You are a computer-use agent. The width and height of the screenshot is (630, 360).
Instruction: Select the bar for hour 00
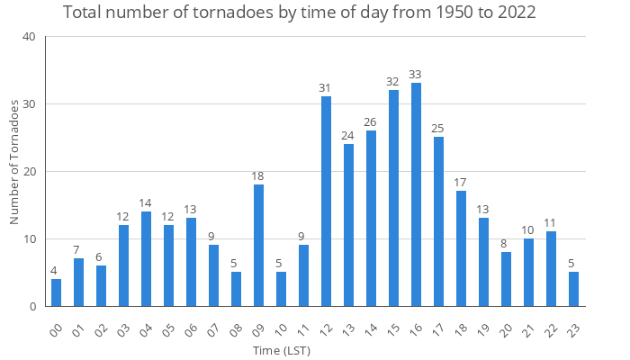(56, 292)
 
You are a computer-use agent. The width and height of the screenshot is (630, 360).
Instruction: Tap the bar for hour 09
(258, 245)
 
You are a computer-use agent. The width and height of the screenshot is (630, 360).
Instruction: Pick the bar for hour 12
(326, 202)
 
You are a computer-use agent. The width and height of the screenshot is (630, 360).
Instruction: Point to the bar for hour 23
(573, 289)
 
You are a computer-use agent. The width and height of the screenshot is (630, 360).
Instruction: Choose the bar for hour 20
(506, 279)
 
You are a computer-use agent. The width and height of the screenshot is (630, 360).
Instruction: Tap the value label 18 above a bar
(258, 175)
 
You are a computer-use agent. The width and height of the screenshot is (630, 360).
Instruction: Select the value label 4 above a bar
(56, 270)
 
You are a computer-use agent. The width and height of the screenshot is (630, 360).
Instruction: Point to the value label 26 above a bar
(371, 121)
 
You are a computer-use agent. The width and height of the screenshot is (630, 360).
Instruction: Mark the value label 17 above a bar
(461, 183)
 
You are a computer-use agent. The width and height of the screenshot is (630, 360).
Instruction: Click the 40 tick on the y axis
(29, 37)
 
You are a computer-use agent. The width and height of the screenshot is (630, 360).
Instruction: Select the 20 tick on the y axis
(29, 171)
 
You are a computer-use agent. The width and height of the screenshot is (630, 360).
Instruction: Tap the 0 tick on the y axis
(32, 306)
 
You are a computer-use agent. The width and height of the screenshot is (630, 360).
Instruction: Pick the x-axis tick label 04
(144, 325)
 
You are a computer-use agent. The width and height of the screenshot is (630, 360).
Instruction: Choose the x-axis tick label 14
(369, 325)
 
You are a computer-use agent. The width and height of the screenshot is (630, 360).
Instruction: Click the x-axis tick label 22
(549, 325)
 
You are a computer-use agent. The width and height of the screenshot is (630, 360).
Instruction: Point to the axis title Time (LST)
(281, 349)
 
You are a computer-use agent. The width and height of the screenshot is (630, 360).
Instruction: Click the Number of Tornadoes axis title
(14, 162)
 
